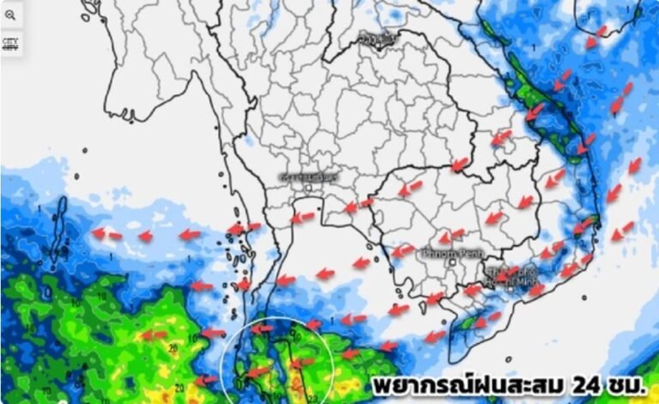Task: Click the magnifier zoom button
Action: pos(10,15)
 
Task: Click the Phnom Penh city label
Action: pos(450,253)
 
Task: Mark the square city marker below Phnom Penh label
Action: pos(452,262)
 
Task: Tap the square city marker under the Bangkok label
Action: pos(306,189)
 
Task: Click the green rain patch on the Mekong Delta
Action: pos(468,322)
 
